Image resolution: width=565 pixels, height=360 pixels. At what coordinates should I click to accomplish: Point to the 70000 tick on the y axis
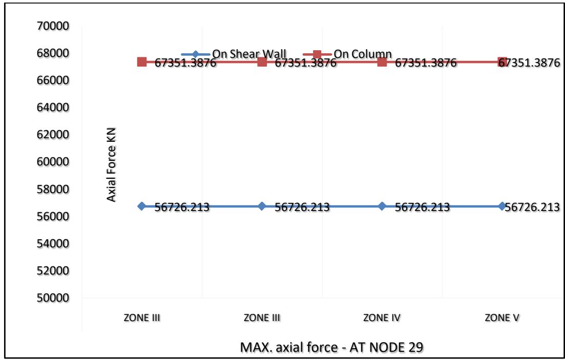(54, 26)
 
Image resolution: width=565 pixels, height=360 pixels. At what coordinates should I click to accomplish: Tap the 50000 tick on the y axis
(54, 298)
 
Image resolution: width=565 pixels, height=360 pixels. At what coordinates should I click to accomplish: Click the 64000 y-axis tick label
(54, 108)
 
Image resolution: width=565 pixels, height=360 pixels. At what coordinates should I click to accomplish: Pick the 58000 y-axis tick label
(54, 189)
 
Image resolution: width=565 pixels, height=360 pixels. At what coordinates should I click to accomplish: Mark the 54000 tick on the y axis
(54, 244)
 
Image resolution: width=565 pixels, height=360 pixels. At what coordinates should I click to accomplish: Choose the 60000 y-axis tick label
(54, 162)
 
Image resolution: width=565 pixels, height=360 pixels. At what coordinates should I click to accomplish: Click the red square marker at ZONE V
(502, 62)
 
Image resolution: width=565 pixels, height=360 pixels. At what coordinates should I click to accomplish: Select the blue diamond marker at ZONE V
(502, 206)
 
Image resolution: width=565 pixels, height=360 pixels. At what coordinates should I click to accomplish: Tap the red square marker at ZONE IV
(382, 62)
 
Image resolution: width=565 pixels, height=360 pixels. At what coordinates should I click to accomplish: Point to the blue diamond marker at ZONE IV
(382, 206)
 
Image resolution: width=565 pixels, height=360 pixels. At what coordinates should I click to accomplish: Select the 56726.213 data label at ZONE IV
(422, 207)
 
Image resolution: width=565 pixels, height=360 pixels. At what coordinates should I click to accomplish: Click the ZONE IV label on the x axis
(382, 317)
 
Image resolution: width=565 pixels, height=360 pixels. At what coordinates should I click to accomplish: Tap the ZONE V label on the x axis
(502, 317)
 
